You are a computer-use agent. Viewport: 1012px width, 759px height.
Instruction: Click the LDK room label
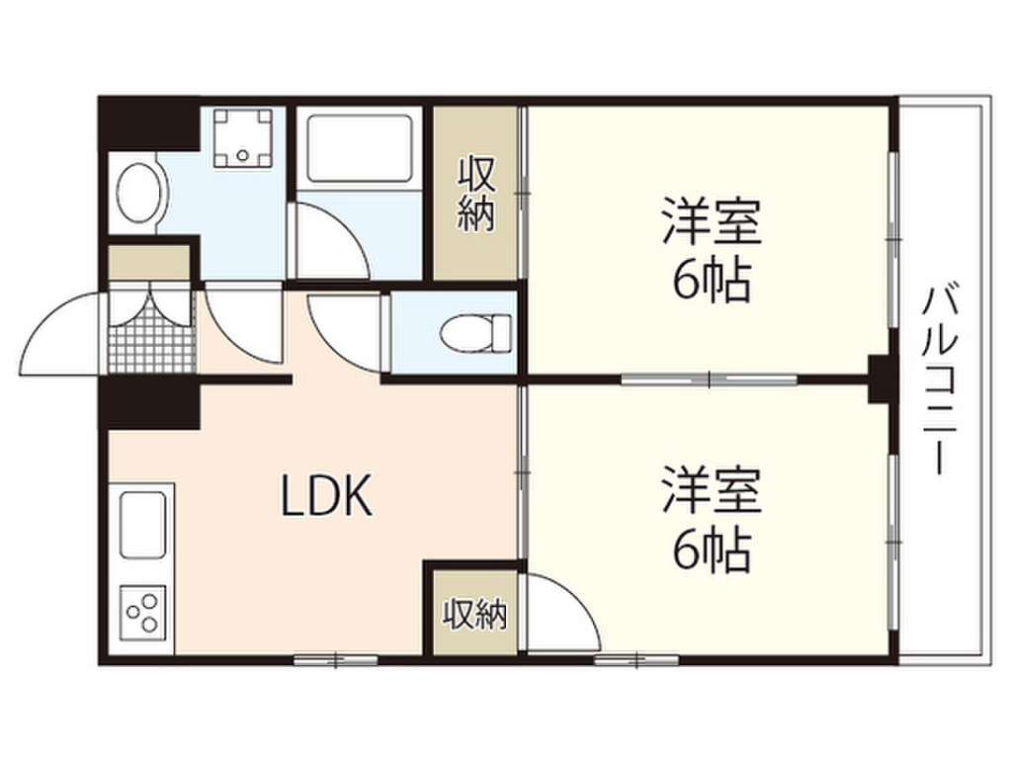(x=326, y=497)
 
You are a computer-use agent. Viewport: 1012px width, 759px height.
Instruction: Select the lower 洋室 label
(x=711, y=489)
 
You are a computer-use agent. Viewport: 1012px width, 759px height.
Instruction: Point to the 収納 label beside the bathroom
(x=475, y=196)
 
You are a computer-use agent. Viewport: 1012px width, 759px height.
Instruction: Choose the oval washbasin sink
(x=138, y=194)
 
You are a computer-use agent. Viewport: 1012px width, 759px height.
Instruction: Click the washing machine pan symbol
(x=243, y=138)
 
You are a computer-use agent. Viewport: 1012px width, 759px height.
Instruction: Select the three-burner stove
(x=143, y=611)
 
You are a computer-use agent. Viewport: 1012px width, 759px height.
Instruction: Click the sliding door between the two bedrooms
(x=710, y=378)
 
